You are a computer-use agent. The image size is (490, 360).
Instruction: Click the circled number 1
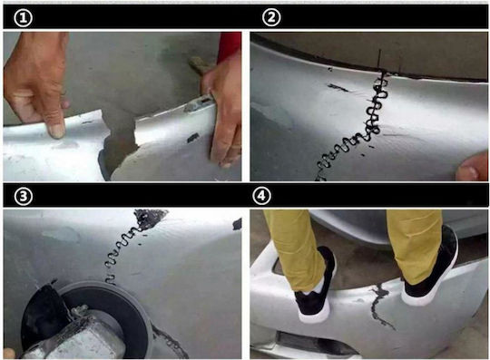tap(23, 18)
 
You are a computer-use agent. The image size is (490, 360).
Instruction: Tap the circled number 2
tap(271, 17)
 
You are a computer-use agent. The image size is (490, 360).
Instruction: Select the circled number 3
tap(23, 197)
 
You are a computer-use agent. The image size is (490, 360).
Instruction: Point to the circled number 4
tap(261, 196)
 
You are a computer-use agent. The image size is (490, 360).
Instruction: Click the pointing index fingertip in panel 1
tap(56, 131)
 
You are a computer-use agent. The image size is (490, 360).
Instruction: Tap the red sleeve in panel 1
tap(229, 46)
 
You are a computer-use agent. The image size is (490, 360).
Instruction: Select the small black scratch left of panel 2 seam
tap(338, 87)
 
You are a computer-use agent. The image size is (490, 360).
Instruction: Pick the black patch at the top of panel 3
tap(150, 217)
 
